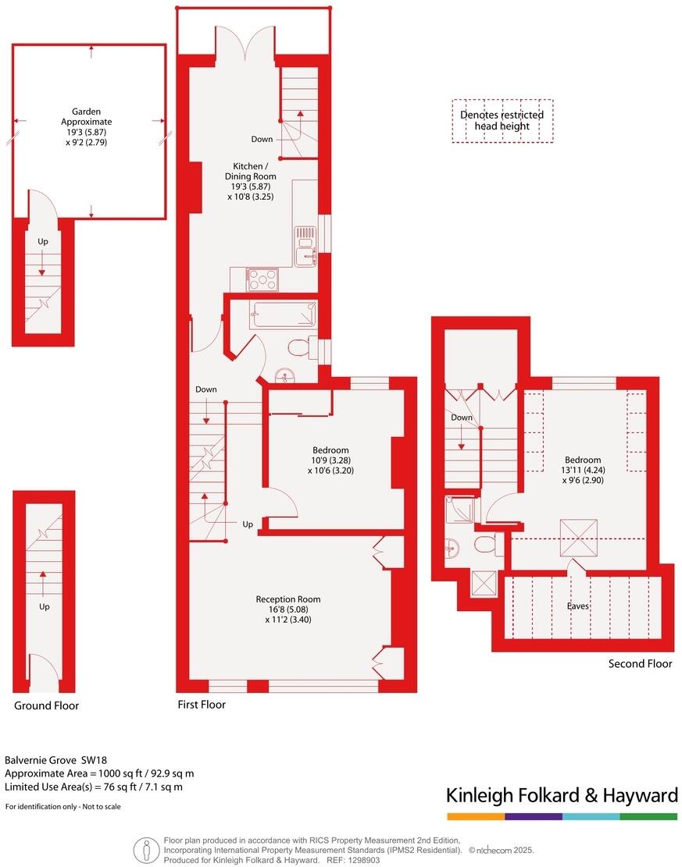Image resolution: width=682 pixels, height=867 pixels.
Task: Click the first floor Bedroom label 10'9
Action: pyautogui.click(x=330, y=460)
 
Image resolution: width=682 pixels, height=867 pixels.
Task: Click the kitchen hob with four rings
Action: pyautogui.click(x=262, y=278)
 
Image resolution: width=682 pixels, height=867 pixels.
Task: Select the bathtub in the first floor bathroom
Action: pyautogui.click(x=283, y=314)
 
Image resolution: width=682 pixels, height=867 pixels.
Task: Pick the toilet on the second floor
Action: pyautogui.click(x=486, y=544)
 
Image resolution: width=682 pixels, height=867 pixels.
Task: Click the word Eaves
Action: pyautogui.click(x=579, y=605)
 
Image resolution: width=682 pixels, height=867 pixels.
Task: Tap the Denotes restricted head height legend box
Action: pyautogui.click(x=502, y=120)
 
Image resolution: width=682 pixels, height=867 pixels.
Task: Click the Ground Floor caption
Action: pyautogui.click(x=46, y=705)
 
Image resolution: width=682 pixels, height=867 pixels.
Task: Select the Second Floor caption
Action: pyautogui.click(x=640, y=664)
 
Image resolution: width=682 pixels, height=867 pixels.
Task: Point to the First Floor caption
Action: pyautogui.click(x=202, y=705)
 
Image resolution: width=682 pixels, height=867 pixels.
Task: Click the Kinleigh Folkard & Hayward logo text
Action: pyautogui.click(x=562, y=795)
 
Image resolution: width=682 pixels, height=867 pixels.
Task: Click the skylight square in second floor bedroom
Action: pyautogui.click(x=580, y=538)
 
